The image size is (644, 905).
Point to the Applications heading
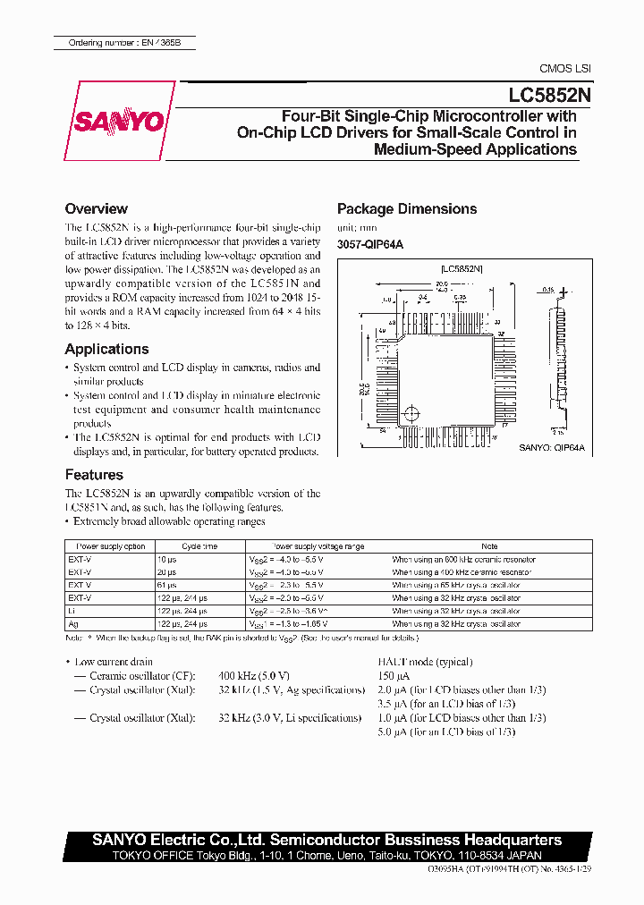pos(106,349)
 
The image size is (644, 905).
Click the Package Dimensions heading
pos(406,208)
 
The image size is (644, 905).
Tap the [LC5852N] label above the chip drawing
pos(462,267)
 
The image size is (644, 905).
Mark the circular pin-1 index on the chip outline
pos(411,414)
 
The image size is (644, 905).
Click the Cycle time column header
pos(199,546)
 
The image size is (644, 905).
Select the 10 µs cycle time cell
pos(167,560)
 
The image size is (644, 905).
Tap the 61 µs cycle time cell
pos(167,585)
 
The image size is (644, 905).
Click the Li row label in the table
pos(72,611)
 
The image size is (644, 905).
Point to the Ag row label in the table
pos(72,623)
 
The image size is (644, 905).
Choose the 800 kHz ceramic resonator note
pos(463,560)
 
